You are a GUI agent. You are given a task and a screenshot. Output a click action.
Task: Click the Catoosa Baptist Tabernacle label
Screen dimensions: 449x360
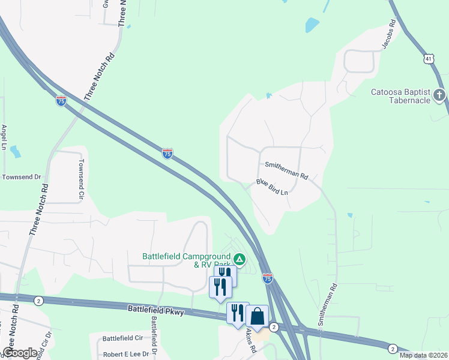click(x=400, y=96)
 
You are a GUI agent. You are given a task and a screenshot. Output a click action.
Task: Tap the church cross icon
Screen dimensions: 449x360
click(x=439, y=95)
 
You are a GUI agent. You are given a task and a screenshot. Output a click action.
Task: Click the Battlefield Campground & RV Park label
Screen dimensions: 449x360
click(x=186, y=260)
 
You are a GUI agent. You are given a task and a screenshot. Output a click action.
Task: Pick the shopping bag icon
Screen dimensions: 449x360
click(x=257, y=316)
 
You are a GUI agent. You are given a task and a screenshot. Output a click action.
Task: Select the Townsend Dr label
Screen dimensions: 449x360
click(x=21, y=177)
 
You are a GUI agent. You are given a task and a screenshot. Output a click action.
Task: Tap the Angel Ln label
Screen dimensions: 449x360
click(x=4, y=137)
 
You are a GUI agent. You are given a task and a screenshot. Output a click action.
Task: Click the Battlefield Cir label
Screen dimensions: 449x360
click(x=122, y=338)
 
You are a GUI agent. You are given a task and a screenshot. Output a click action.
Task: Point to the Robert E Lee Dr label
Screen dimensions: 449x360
click(x=125, y=355)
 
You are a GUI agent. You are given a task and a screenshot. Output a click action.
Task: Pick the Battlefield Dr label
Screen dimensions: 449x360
click(x=154, y=334)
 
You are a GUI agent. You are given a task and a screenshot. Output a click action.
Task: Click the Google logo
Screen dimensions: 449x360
click(x=19, y=353)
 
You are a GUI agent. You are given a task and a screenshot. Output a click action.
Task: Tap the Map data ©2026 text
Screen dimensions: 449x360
click(x=423, y=355)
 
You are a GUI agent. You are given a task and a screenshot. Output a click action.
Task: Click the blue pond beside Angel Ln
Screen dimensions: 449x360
click(x=15, y=151)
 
